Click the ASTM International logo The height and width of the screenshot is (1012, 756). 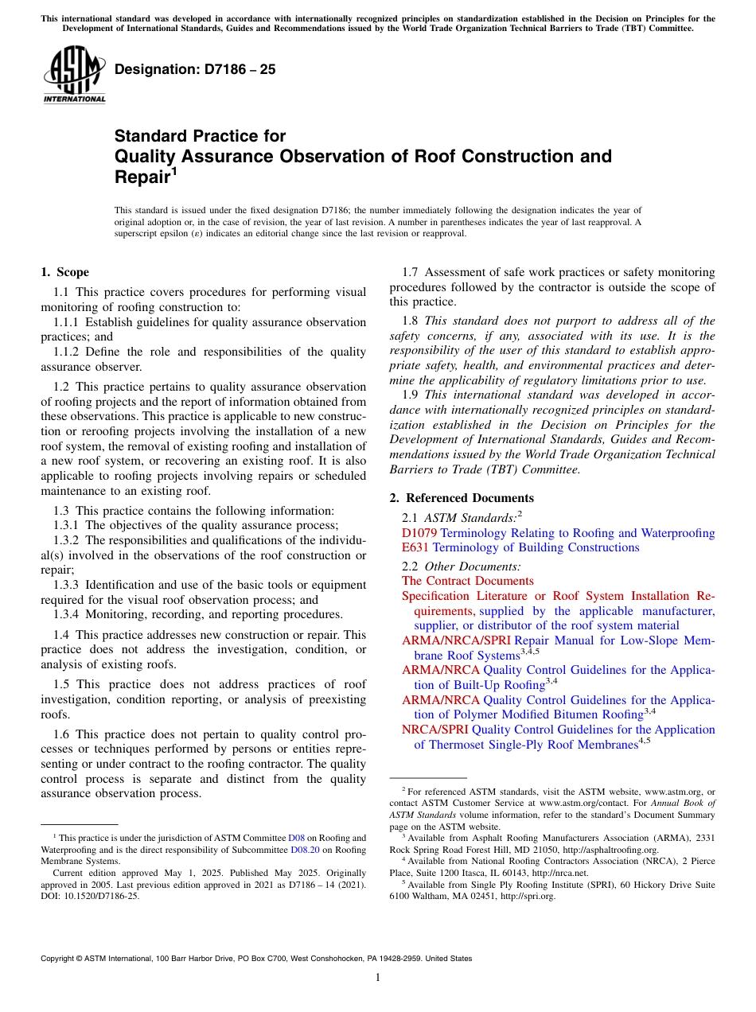[74, 76]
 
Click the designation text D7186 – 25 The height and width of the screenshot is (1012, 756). [195, 69]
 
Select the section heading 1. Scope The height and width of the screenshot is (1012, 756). [65, 272]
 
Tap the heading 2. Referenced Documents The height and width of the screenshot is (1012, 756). [462, 498]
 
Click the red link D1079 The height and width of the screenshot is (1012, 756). [419, 533]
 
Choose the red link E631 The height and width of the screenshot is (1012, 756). [415, 547]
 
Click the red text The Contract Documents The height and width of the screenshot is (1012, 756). [467, 581]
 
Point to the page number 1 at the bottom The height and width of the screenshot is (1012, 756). [378, 978]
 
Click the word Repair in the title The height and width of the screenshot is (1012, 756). [141, 177]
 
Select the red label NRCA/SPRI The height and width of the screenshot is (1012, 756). [435, 730]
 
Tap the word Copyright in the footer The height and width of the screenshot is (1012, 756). [59, 959]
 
